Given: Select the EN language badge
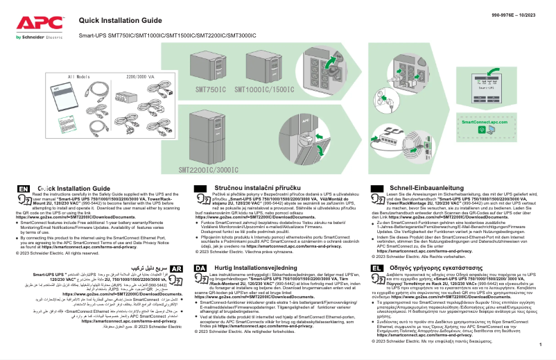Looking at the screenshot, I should [x=24, y=188].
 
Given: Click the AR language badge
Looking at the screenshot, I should [x=176, y=268].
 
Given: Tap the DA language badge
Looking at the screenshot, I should [x=199, y=268].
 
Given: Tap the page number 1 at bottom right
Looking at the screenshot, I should [x=539, y=352].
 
